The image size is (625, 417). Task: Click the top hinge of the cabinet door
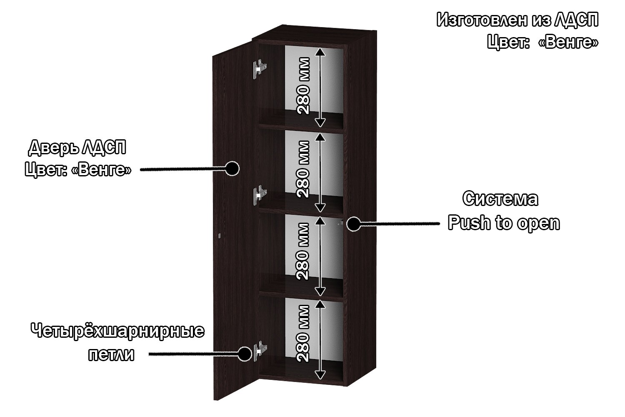click(260, 68)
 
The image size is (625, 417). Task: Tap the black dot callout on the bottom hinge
click(245, 354)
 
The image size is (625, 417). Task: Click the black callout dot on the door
click(232, 168)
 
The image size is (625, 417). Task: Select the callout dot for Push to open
click(353, 224)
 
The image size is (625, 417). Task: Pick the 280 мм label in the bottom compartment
click(303, 334)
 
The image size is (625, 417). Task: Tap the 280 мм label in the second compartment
click(304, 169)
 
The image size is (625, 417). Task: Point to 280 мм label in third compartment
click(303, 251)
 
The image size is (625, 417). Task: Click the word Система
click(500, 199)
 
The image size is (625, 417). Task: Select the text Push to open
click(504, 223)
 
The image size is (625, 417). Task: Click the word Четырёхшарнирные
click(117, 332)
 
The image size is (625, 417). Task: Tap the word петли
click(112, 355)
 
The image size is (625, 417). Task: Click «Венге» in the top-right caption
click(568, 42)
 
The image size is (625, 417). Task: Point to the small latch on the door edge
click(220, 236)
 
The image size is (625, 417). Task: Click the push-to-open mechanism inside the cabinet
click(340, 223)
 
